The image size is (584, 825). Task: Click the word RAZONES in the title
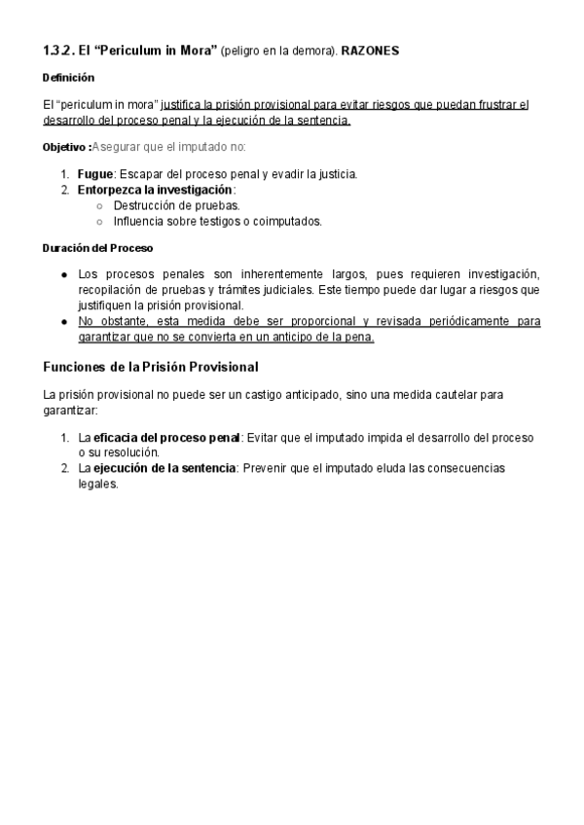coord(371,50)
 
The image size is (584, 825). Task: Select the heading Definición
coord(69,77)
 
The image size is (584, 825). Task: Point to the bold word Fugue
coord(95,174)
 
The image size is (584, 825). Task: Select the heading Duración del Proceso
coord(98,248)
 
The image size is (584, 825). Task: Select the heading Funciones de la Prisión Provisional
coord(151,367)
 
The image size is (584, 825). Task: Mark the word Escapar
coord(143,174)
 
